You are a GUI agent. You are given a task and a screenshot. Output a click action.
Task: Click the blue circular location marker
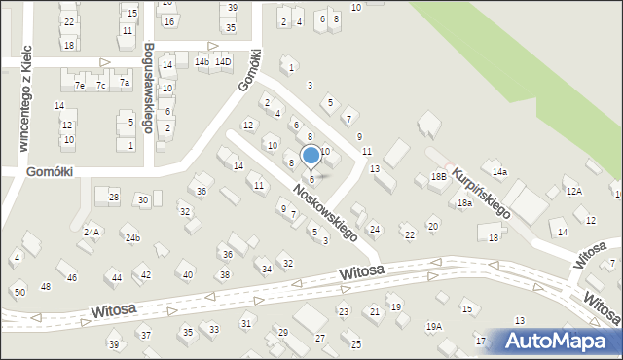coord(311,155)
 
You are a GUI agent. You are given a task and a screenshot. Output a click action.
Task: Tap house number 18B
coord(438,177)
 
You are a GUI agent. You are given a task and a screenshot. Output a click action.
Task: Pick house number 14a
coord(499,172)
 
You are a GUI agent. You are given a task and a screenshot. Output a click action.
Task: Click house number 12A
coord(573,192)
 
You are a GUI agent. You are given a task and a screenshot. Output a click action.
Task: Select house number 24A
coord(92,232)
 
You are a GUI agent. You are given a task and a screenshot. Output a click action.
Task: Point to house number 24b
coord(132,238)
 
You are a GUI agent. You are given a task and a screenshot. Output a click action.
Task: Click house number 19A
coord(433,327)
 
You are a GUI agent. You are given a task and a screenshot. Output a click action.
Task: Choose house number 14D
coord(224,62)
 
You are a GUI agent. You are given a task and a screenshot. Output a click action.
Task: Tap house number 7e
coord(80,86)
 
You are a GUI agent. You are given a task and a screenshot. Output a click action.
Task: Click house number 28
coord(114,198)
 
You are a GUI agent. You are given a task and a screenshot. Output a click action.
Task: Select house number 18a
coord(464,203)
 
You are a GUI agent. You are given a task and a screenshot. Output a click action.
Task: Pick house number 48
coord(45,287)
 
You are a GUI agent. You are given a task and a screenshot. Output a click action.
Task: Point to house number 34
coord(266,269)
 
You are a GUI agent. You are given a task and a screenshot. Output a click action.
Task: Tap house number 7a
coord(125,83)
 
